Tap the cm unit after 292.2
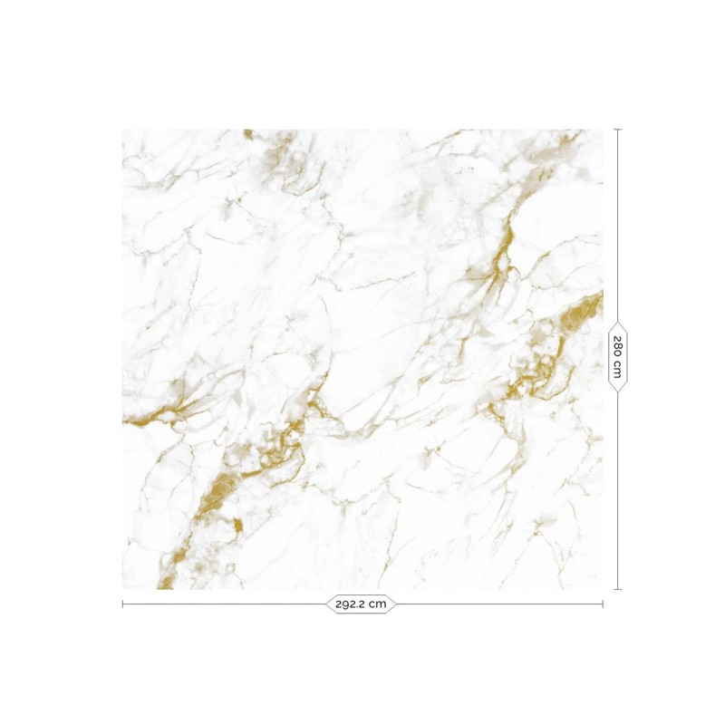pyautogui.click(x=380, y=603)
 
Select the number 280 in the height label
pyautogui.click(x=618, y=348)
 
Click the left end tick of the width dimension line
pyautogui.click(x=122, y=603)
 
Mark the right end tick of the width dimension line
pyautogui.click(x=603, y=603)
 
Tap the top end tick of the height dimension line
pyautogui.click(x=618, y=130)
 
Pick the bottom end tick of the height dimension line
pyautogui.click(x=618, y=589)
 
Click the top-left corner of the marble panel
pyautogui.click(x=122, y=130)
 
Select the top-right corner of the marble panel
pyautogui.click(x=603, y=130)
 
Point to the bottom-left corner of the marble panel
pyautogui.click(x=122, y=589)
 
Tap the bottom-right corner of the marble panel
pyautogui.click(x=603, y=589)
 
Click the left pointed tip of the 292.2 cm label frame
pyautogui.click(x=326, y=603)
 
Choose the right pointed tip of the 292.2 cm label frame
pyautogui.click(x=397, y=603)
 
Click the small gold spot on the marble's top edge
pyautogui.click(x=247, y=133)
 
